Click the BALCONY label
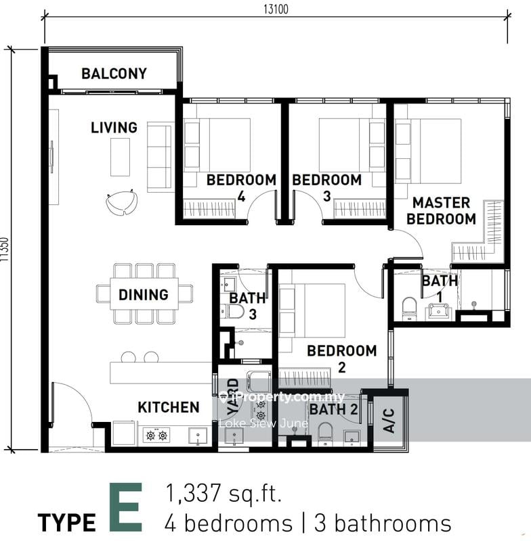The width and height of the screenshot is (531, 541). click(x=114, y=74)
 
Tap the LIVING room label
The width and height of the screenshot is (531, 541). click(x=114, y=128)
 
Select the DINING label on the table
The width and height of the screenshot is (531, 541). click(x=144, y=295)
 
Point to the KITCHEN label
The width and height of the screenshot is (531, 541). click(x=169, y=407)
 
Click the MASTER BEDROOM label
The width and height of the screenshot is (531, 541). click(x=441, y=211)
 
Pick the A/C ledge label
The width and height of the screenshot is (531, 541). click(x=389, y=420)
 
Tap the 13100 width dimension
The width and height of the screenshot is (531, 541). click(x=276, y=9)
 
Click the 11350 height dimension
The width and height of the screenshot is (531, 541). click(x=5, y=249)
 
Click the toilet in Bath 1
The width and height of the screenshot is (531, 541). click(x=409, y=309)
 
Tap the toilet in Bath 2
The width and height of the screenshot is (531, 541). click(x=324, y=434)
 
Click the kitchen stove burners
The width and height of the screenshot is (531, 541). click(x=156, y=436)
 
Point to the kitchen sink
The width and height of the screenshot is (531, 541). click(x=198, y=436)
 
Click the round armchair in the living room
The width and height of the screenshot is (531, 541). click(x=122, y=203)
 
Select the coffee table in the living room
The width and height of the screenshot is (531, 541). click(x=121, y=157)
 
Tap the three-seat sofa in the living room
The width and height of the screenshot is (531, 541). click(x=159, y=157)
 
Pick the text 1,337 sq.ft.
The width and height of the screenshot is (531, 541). click(x=224, y=494)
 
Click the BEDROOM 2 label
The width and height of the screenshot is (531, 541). click(x=341, y=359)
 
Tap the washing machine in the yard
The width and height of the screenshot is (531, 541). click(x=259, y=381)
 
